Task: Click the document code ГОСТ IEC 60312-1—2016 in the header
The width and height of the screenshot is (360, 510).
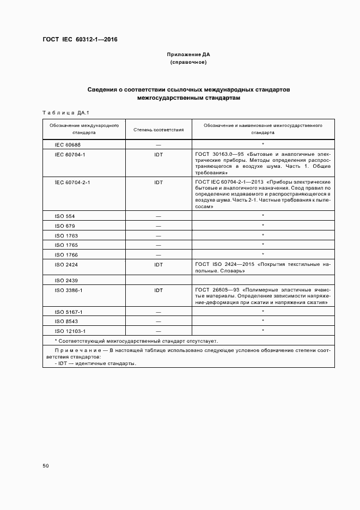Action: tap(80, 40)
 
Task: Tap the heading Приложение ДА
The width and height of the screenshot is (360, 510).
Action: tap(188, 55)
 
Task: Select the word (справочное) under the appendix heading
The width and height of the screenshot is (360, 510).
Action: tap(188, 63)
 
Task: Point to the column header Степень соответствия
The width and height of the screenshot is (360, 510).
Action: tap(158, 130)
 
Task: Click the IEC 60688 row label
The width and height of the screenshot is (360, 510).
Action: tap(68, 145)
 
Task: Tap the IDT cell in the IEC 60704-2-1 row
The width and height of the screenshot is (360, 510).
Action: tap(158, 182)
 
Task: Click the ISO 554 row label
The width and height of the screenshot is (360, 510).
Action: tap(65, 216)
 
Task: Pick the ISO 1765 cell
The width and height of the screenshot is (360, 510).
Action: tap(66, 245)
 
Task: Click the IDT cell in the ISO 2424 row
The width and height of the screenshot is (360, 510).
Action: tap(158, 264)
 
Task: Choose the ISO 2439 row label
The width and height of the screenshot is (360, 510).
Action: tap(66, 280)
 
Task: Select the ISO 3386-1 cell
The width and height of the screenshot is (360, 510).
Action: tap(69, 290)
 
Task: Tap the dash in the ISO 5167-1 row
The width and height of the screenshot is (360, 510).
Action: tap(158, 312)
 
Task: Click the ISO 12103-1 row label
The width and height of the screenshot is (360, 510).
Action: tap(71, 331)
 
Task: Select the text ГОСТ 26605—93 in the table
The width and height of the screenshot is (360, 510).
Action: tap(217, 290)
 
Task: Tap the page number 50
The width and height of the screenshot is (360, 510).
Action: tap(46, 466)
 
